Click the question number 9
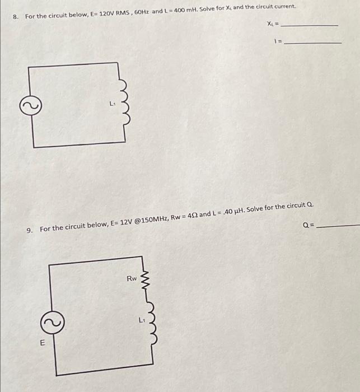[30, 229]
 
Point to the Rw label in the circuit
[131, 278]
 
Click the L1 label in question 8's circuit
[113, 104]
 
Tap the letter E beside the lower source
[42, 344]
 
